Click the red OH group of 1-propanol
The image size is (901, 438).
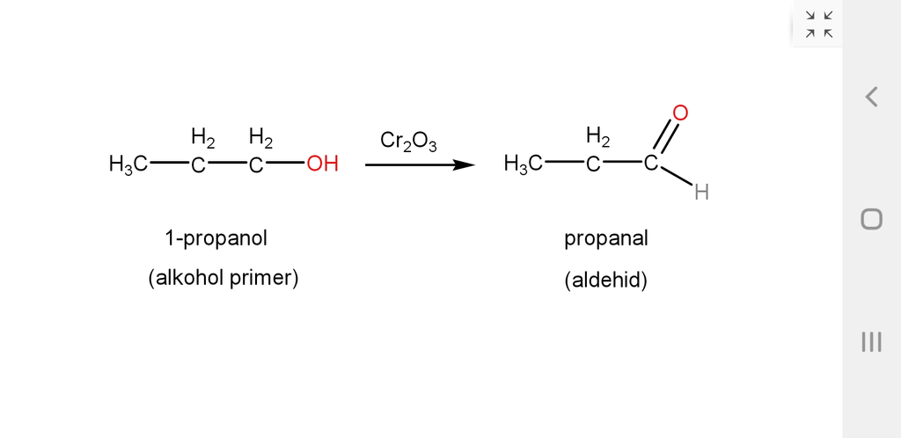pos(322,164)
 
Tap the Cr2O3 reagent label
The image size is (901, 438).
pos(408,142)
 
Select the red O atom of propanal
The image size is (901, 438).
pos(680,113)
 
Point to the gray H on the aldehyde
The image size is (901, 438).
pos(701,193)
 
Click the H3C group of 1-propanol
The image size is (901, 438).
pos(128,164)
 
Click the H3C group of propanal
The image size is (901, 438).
pos(523,164)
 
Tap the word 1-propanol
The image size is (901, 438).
pos(216,237)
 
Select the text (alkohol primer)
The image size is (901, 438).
pos(223,279)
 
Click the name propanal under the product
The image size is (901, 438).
pos(605,239)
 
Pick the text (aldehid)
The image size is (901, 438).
pos(605,281)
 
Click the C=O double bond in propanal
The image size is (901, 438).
pos(667,136)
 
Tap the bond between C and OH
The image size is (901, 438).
pos(285,164)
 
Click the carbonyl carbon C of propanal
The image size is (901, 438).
pos(650,164)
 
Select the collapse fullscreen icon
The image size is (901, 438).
pos(819,24)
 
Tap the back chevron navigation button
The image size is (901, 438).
pos(872,97)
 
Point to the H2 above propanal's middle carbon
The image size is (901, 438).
pos(598,137)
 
